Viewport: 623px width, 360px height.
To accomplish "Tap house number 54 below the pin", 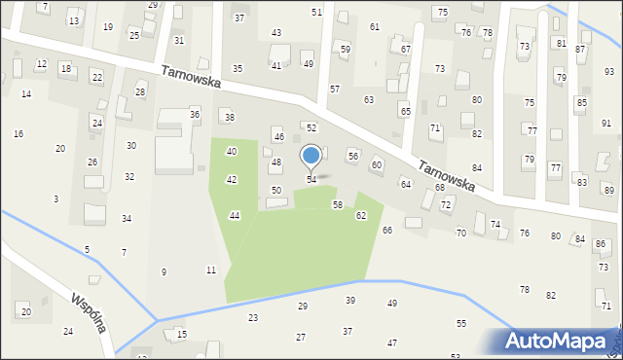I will [x=311, y=180].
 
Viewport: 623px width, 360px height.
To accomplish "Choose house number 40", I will [x=232, y=152].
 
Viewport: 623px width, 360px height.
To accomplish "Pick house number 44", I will [x=235, y=215].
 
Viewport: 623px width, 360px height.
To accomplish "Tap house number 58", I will [x=338, y=205].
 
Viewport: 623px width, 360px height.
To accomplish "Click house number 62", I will [x=361, y=215].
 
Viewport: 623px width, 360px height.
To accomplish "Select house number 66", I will [x=387, y=230].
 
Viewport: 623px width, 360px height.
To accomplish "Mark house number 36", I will [x=195, y=115].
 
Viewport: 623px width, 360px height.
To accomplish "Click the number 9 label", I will [x=164, y=271].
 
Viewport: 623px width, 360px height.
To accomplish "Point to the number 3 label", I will [x=55, y=198].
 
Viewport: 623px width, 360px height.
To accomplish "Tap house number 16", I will [x=18, y=133].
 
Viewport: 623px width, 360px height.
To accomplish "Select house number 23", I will [x=253, y=318].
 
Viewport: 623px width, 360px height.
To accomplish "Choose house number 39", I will [x=350, y=301].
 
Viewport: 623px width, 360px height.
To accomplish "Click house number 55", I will [x=461, y=323].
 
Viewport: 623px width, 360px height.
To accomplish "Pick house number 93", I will [x=608, y=72].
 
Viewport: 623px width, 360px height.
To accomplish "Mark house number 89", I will [x=608, y=189].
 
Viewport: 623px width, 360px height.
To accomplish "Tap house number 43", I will [x=276, y=33].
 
